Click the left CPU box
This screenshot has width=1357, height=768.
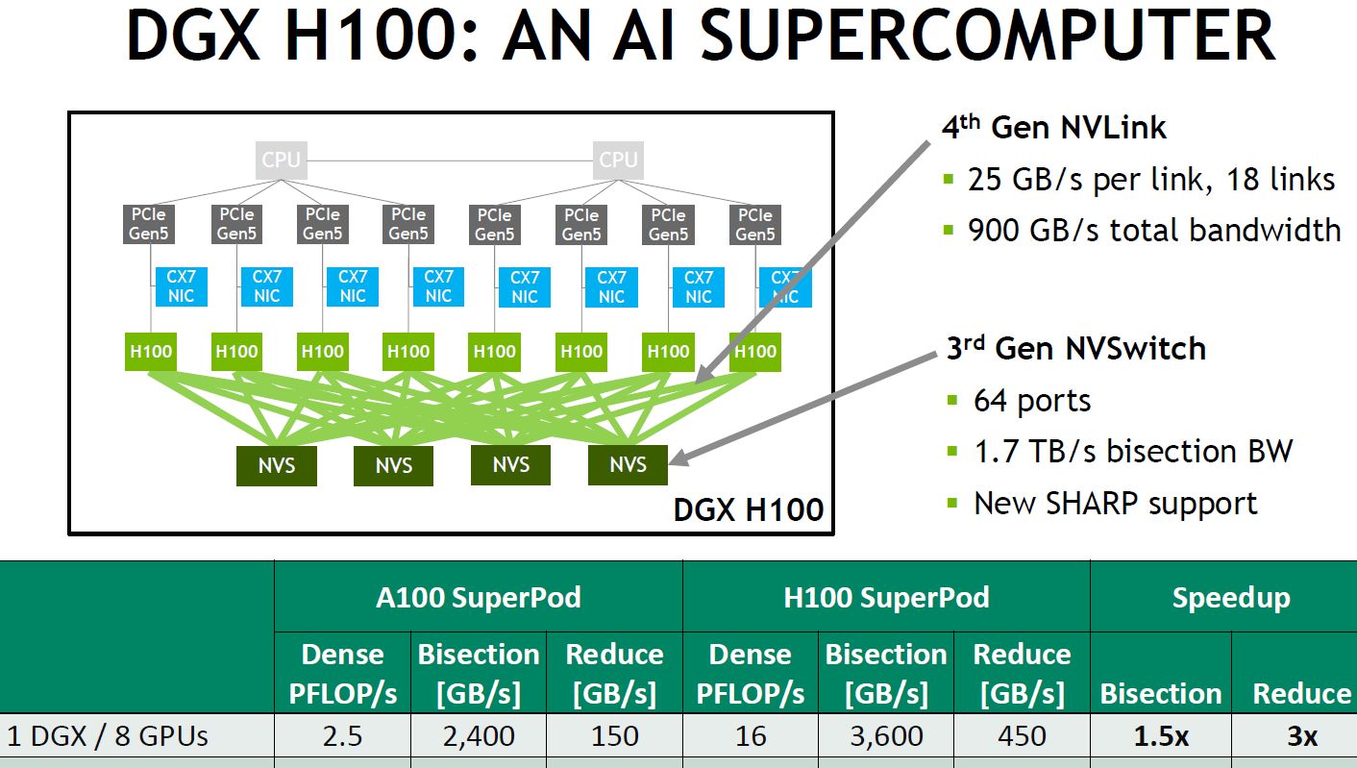coord(282,160)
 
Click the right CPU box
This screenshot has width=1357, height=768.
coord(618,160)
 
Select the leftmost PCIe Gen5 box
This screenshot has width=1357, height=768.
coord(150,224)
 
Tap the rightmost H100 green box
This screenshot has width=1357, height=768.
coord(754,351)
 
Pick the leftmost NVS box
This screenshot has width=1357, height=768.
coord(277,466)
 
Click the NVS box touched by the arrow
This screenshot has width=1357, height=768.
coord(628,465)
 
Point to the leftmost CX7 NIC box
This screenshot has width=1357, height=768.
coord(181,287)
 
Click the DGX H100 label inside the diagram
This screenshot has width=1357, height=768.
coord(749,509)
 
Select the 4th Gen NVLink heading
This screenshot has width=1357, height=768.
coord(1053,128)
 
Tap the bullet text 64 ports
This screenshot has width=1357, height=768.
coord(1032,400)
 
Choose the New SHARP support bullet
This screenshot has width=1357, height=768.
coord(1115,503)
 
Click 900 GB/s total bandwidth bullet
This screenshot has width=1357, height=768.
coord(1153,230)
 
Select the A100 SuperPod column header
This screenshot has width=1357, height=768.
coord(478,597)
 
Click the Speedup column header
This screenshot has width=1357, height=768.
coord(1230,597)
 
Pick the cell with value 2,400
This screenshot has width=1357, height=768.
coord(479,736)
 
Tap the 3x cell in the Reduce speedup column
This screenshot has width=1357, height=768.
coord(1302,736)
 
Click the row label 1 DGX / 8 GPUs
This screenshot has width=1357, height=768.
coord(108,736)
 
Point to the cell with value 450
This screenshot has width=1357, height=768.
coord(1022,736)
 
